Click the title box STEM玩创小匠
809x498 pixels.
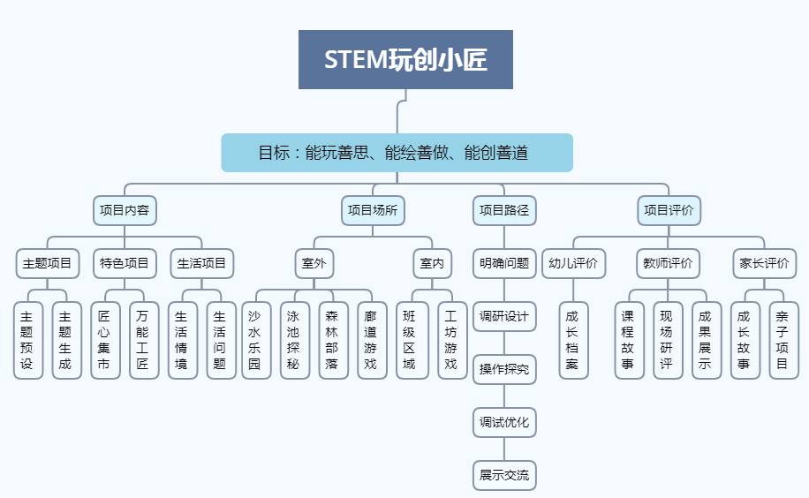click(405, 60)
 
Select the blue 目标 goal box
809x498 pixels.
click(397, 153)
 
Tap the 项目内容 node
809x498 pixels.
click(125, 210)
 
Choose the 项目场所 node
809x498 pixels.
click(373, 210)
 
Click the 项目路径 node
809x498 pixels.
click(503, 210)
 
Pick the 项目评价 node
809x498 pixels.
click(669, 210)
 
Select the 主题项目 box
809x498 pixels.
click(48, 263)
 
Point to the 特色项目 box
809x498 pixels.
click(125, 263)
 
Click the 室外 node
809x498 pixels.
click(314, 263)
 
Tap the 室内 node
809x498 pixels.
click(432, 263)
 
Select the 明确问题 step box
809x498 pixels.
click(503, 263)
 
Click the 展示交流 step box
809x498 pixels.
click(503, 475)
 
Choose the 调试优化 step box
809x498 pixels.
click(503, 422)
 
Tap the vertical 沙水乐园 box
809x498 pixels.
click(255, 340)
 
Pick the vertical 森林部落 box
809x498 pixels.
click(333, 340)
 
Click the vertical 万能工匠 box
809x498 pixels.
click(143, 340)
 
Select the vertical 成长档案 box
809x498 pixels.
click(572, 340)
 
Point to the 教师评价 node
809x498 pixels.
click(669, 263)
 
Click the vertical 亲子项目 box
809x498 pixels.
click(782, 340)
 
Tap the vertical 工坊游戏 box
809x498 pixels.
click(451, 340)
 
